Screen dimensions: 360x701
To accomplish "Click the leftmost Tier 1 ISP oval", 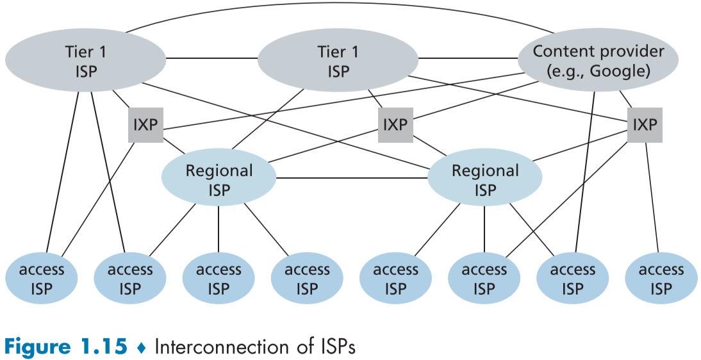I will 85,60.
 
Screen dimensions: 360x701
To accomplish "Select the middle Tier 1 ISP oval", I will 338,60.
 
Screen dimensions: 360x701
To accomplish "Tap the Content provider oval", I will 598,60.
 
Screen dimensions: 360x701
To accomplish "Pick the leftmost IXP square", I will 145,124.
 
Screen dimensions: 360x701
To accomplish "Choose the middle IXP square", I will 395,124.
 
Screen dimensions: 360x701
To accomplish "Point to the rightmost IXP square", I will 645,124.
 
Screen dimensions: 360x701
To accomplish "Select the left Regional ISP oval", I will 219,180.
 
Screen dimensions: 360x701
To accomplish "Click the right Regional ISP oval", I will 484,180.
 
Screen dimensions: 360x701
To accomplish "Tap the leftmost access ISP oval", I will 42,279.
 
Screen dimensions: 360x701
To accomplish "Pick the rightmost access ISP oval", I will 661,279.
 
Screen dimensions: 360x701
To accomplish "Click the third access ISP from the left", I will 219,279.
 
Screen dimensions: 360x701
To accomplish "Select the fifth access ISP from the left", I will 395,279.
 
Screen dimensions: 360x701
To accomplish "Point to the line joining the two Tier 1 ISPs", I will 211,58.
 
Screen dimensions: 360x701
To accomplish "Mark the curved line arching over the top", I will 340,11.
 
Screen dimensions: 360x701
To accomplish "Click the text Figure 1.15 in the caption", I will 64,347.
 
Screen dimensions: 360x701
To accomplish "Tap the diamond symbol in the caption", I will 142,347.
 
